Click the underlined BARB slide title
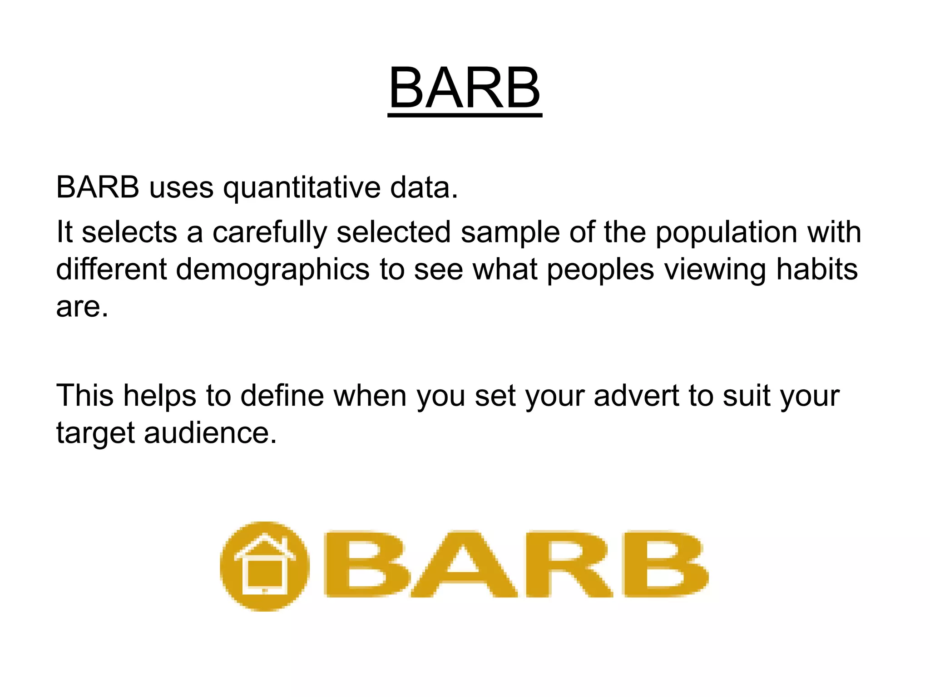pyautogui.click(x=465, y=88)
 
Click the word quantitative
pyautogui.click(x=302, y=187)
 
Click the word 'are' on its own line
pyautogui.click(x=82, y=307)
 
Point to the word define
pyautogui.click(x=282, y=395)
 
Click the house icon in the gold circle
pyautogui.click(x=265, y=566)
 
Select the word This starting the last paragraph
pyautogui.click(x=84, y=395)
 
